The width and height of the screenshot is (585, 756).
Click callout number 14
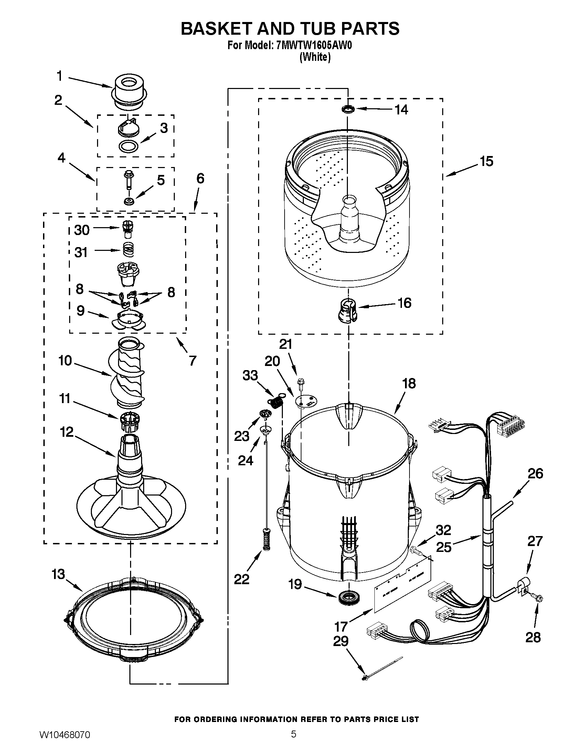401,110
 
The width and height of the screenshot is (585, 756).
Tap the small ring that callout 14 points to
348,109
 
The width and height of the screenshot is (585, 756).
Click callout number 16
404,303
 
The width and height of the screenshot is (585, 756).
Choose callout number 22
242,579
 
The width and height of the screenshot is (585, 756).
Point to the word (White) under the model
315,57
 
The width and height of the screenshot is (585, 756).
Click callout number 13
58,574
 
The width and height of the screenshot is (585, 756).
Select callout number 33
250,375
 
